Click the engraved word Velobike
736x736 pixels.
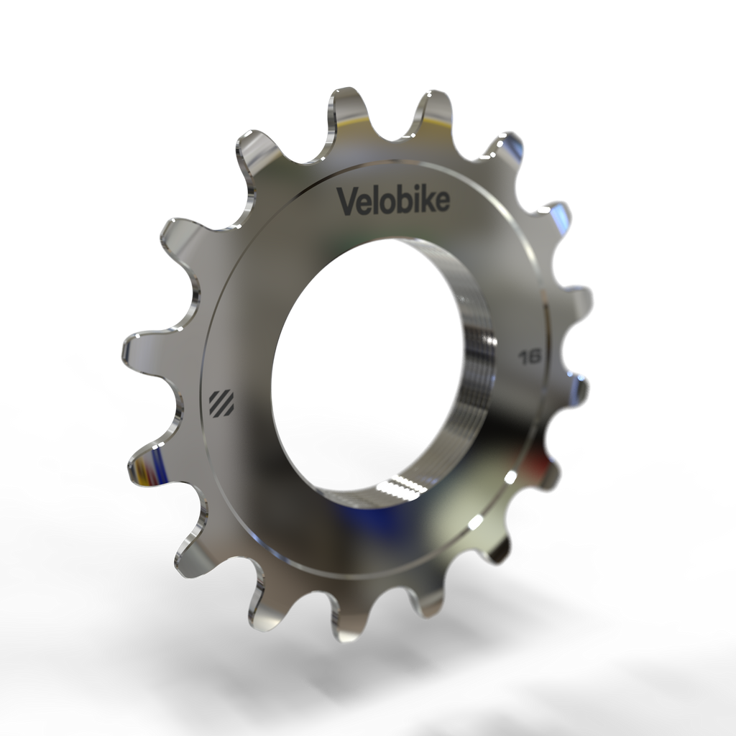394,201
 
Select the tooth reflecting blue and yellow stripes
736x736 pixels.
147,467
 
